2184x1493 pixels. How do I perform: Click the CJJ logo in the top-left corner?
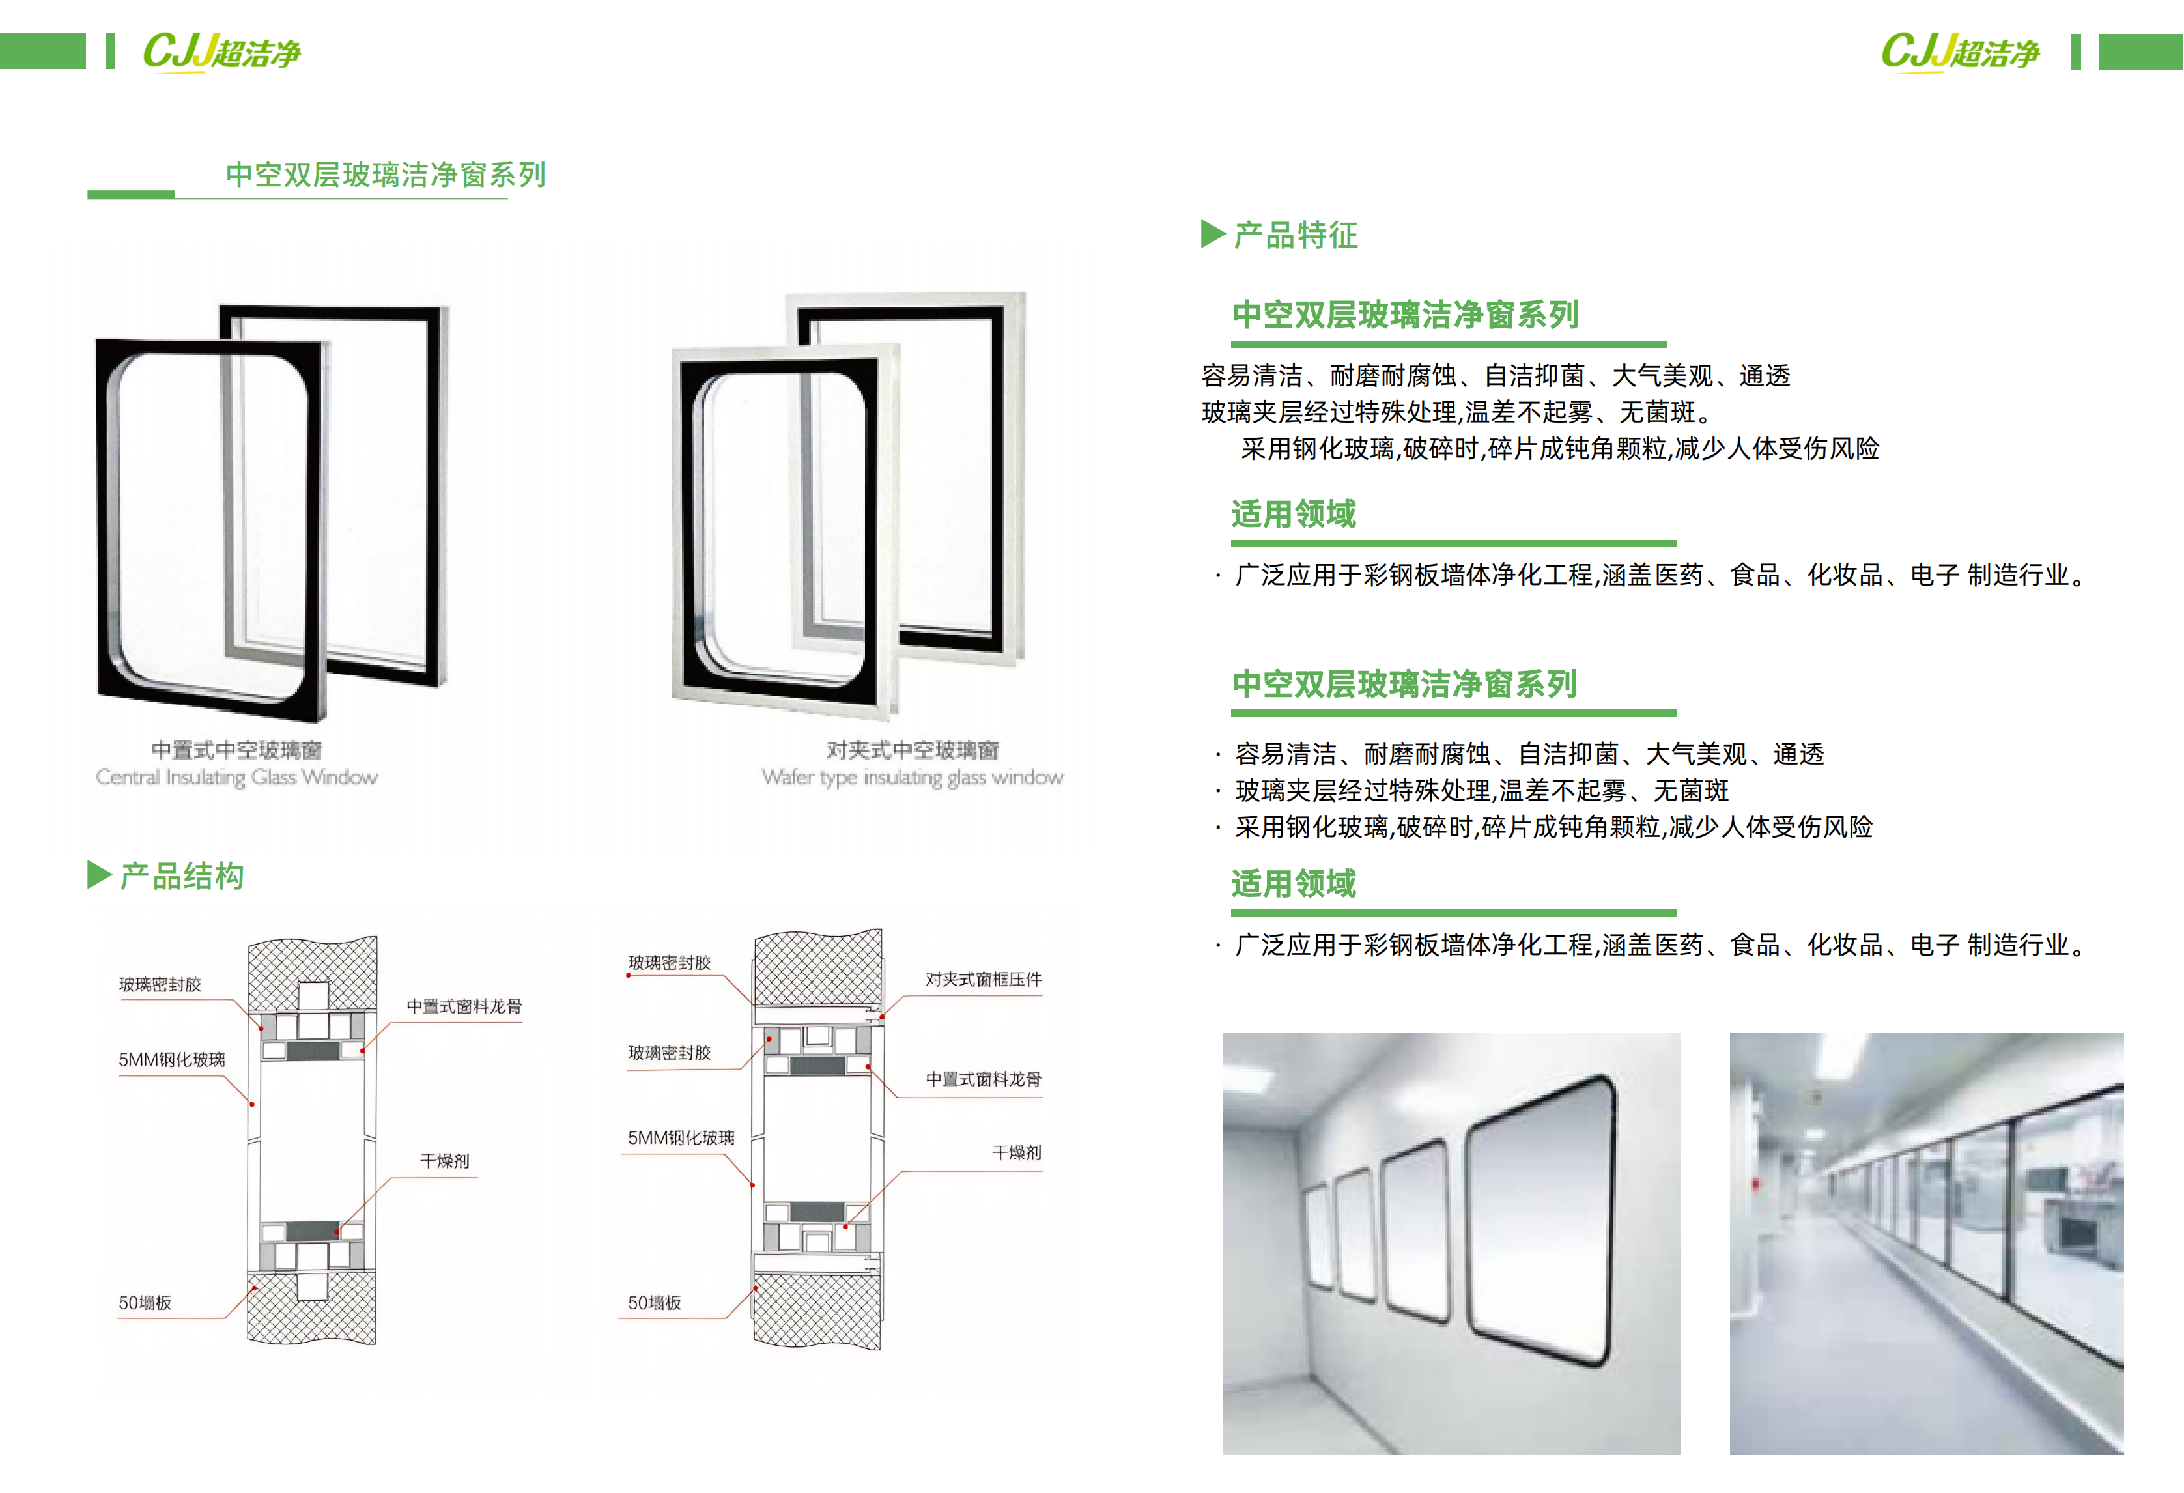coord(221,51)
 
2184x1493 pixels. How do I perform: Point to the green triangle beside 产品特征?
coord(1212,234)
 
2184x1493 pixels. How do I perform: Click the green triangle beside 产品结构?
coord(98,875)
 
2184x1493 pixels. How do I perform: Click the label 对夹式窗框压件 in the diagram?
coord(983,979)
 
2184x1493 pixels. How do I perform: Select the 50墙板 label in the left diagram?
coord(145,1302)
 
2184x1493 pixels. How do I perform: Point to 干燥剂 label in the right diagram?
coord(1016,1152)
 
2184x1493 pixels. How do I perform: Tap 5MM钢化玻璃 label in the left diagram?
coord(171,1059)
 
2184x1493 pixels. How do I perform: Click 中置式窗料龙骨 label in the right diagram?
coord(983,1079)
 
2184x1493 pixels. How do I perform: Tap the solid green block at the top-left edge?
coord(42,51)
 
